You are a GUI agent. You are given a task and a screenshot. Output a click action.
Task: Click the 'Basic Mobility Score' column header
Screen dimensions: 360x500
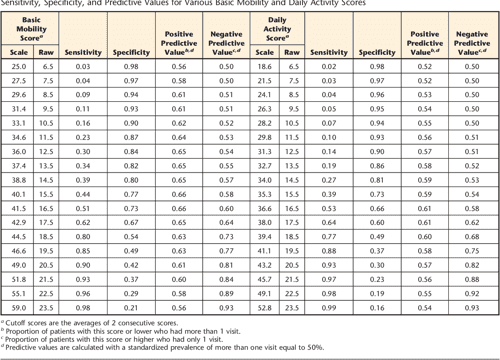31,29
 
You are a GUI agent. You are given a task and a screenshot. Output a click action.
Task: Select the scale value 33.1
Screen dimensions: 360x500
18,119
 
